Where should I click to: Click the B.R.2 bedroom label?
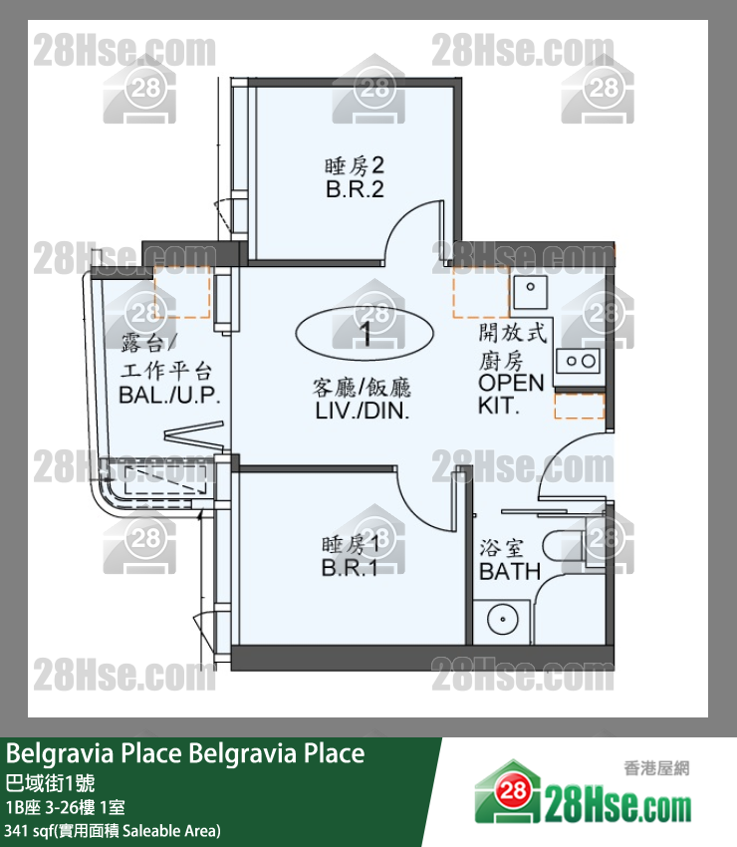(355, 189)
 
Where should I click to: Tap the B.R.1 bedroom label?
(350, 568)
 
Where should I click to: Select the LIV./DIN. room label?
(363, 411)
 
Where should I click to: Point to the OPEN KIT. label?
(511, 394)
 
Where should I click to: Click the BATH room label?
(510, 571)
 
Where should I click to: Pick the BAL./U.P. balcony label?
(169, 395)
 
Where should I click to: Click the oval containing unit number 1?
(365, 333)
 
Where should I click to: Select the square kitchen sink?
(530, 293)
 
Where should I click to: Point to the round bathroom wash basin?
(503, 619)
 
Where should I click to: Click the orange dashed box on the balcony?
(182, 292)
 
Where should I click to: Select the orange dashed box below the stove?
(579, 407)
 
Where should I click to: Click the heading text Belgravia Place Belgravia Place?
(185, 753)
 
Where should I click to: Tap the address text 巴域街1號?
(50, 782)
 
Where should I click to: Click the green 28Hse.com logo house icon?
(508, 792)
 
